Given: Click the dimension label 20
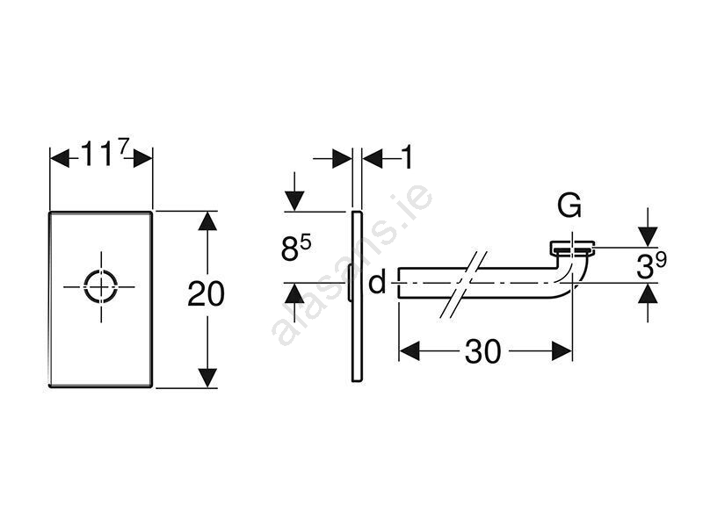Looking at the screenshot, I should (206, 294).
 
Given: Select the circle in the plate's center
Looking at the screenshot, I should (100, 285).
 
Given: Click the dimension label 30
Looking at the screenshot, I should (482, 351).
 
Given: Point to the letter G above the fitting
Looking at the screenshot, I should (569, 206).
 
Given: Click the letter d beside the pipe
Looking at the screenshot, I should (377, 283).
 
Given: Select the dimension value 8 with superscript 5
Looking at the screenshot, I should (296, 249).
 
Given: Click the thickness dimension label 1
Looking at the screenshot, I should (406, 158).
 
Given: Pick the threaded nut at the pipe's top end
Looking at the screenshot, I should (573, 247).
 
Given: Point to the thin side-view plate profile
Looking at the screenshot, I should (356, 295).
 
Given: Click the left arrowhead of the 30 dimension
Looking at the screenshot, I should (409, 351).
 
